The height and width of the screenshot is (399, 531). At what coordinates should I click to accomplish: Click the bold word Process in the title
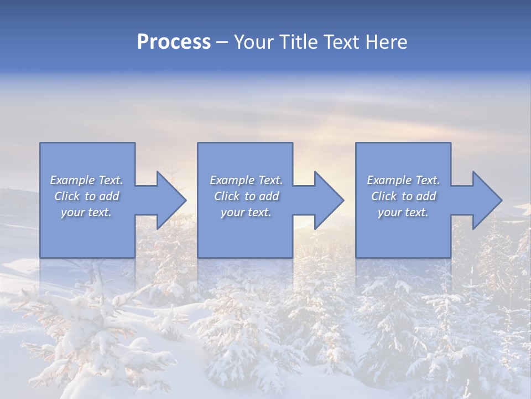pos(174,42)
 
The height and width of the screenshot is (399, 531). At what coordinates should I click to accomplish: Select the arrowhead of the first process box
pos(169,201)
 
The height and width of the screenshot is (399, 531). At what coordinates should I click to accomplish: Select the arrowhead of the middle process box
pos(327,201)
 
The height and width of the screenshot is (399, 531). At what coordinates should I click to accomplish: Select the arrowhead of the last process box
pos(486,201)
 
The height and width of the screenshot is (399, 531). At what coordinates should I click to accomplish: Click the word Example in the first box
pos(72,180)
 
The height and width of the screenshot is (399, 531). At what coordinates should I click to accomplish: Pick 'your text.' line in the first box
pos(86,212)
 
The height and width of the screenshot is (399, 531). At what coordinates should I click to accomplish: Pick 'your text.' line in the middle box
pos(246,212)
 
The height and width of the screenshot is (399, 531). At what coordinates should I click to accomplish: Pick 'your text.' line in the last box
pos(403,212)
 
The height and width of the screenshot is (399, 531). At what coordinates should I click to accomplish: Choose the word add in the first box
pos(109,196)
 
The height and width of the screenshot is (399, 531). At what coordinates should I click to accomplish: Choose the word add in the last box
pos(426,196)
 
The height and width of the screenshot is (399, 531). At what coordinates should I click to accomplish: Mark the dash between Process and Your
pos(222,42)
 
